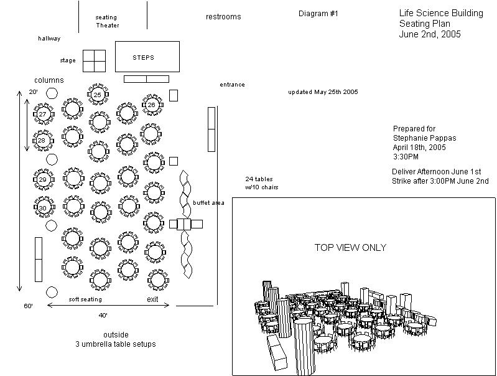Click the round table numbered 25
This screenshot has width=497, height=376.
pos(98,94)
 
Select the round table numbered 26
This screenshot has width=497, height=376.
pos(151,105)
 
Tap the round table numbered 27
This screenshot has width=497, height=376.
pos(42,115)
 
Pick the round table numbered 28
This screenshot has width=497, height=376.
pos(42,141)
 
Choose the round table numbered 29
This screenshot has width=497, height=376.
pos(42,179)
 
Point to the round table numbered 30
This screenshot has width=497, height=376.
pos(42,207)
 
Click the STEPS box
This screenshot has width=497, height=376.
pos(147,57)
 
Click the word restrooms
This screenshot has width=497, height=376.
pos(223,17)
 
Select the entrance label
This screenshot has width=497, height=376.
pos(232,85)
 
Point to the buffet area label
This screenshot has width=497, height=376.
pos(208,203)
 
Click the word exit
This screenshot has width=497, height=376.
pos(152,299)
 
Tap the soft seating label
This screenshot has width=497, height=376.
pos(85,299)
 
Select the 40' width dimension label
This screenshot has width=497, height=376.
pos(103,315)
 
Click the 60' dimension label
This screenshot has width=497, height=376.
pos(29,306)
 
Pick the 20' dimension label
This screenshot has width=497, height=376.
pos(34,92)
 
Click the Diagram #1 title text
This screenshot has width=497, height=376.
pos(318,14)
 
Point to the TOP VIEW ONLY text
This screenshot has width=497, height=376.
pos(350,248)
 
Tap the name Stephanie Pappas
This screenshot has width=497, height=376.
pos(419,138)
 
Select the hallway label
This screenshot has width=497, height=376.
pos(49,39)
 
